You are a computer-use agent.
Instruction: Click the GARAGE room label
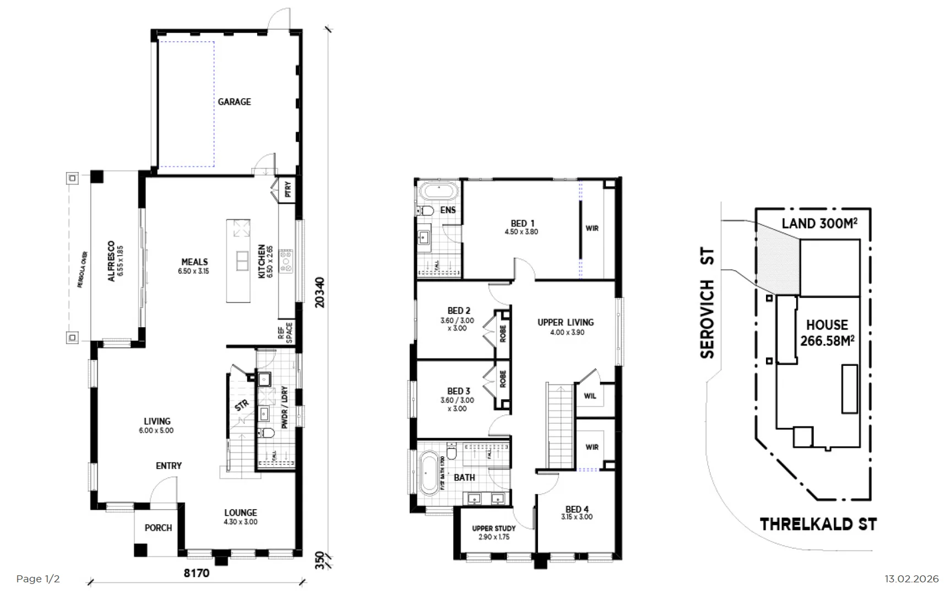click(234, 102)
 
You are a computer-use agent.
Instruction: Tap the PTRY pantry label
click(287, 190)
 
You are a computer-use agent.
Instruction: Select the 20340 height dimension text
click(320, 292)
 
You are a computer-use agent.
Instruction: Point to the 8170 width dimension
click(196, 573)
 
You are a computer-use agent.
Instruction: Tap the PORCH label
click(158, 528)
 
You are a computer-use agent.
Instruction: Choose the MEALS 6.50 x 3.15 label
click(194, 266)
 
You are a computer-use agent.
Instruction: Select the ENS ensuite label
click(448, 210)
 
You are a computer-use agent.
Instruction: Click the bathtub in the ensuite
click(438, 192)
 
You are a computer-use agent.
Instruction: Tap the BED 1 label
click(521, 227)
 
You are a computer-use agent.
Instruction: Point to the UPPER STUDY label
click(493, 532)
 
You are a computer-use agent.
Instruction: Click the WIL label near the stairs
click(590, 396)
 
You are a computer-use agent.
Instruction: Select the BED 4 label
click(577, 512)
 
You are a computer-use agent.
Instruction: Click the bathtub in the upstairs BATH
click(430, 472)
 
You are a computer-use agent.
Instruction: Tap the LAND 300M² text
click(819, 223)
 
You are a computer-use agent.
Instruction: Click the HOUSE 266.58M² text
click(827, 333)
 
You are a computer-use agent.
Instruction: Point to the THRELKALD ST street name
click(818, 524)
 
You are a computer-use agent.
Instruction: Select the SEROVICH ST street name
click(708, 303)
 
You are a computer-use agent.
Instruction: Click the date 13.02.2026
click(911, 579)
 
